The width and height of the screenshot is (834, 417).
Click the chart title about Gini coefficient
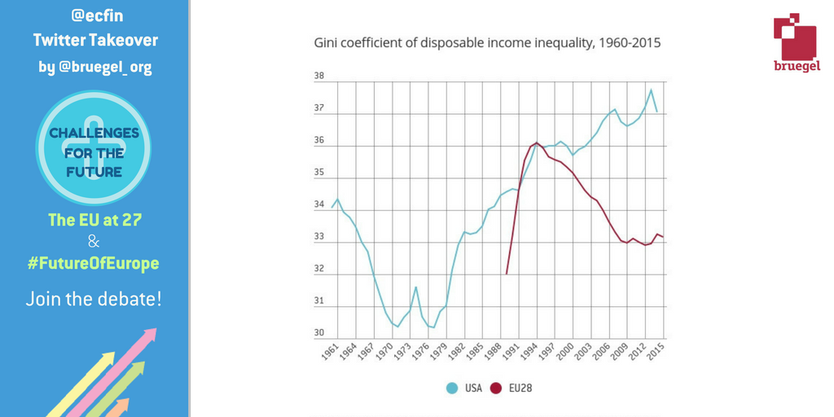pyautogui.click(x=487, y=42)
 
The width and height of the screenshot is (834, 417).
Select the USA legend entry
pyautogui.click(x=464, y=388)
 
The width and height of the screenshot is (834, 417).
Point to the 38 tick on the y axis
pyautogui.click(x=319, y=77)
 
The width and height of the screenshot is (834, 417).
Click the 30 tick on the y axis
pyautogui.click(x=319, y=333)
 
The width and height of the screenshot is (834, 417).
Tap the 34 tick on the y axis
pyautogui.click(x=319, y=205)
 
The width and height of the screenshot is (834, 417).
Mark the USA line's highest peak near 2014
pyautogui.click(x=651, y=90)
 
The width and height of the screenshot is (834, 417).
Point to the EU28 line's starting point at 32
pyautogui.click(x=507, y=274)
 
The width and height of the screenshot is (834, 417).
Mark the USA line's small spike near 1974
pyautogui.click(x=415, y=287)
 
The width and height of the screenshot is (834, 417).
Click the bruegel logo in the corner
pyautogui.click(x=797, y=42)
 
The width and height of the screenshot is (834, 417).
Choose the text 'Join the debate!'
pyautogui.click(x=94, y=299)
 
